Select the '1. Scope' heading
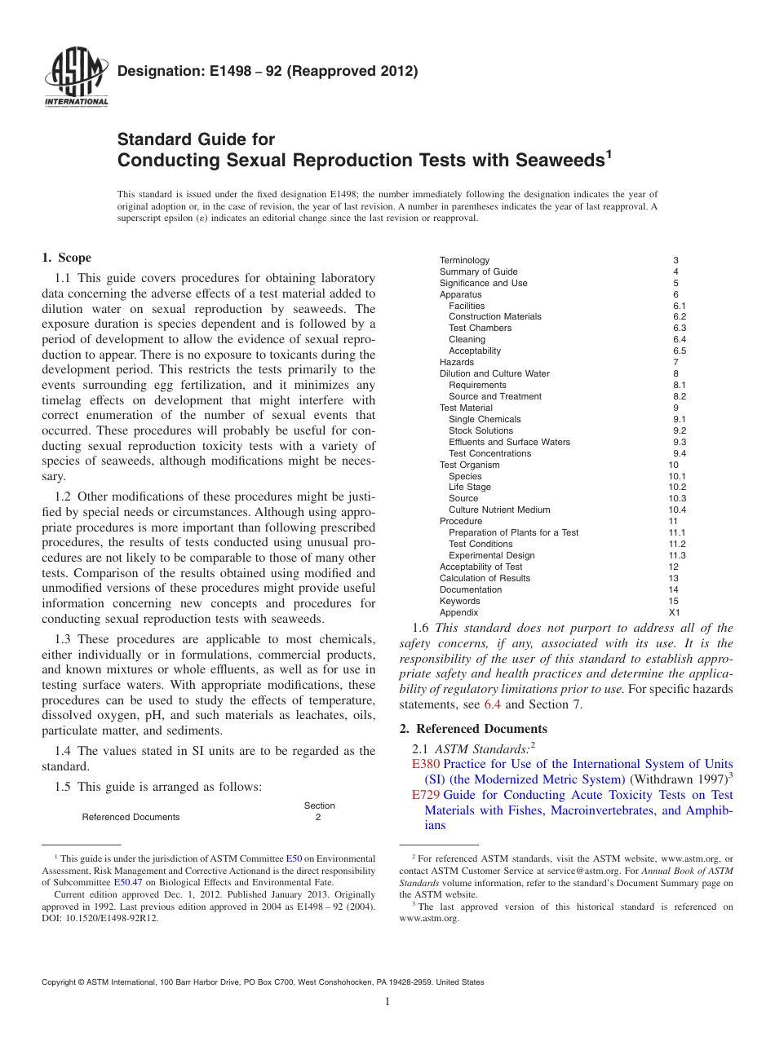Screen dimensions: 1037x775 pos(66,258)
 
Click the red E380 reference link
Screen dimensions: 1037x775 pos(426,764)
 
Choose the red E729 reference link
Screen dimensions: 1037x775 pos(426,795)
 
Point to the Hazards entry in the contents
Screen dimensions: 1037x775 pos(456,362)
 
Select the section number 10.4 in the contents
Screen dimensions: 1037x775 pos(677,510)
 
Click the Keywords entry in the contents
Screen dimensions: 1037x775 pos(459,601)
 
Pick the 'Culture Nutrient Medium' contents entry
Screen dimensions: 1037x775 pos(499,510)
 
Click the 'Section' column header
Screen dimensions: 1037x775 pos(319,805)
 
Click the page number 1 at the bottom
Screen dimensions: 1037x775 pos(387,1002)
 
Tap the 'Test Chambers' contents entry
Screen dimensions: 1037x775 pos(480,328)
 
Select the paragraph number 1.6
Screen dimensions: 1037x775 pos(422,628)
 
